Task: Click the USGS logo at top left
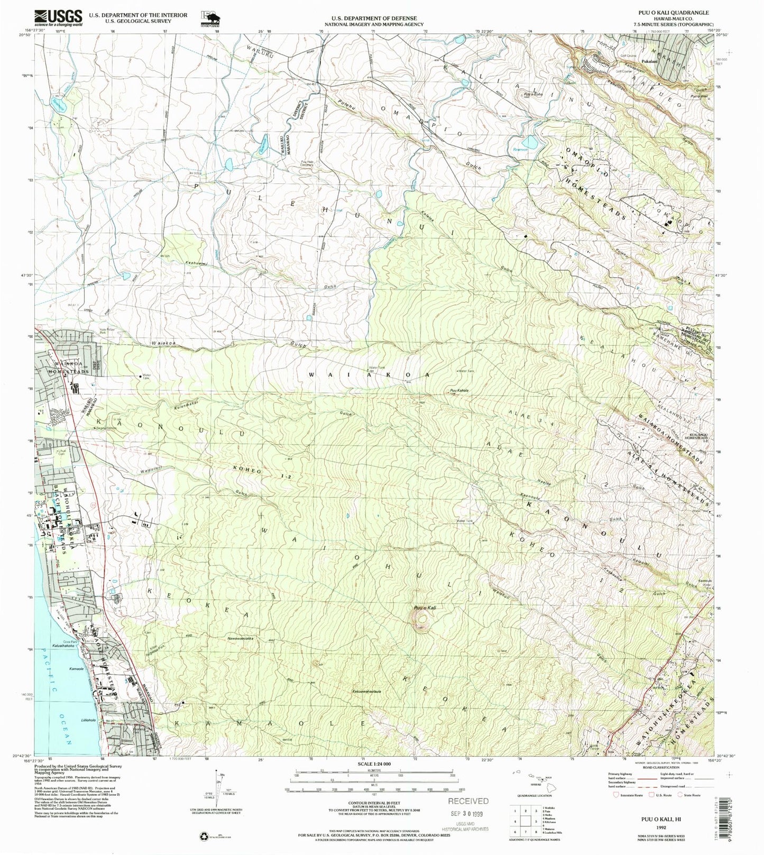58,18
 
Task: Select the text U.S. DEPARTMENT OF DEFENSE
373,18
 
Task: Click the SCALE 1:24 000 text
373,764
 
